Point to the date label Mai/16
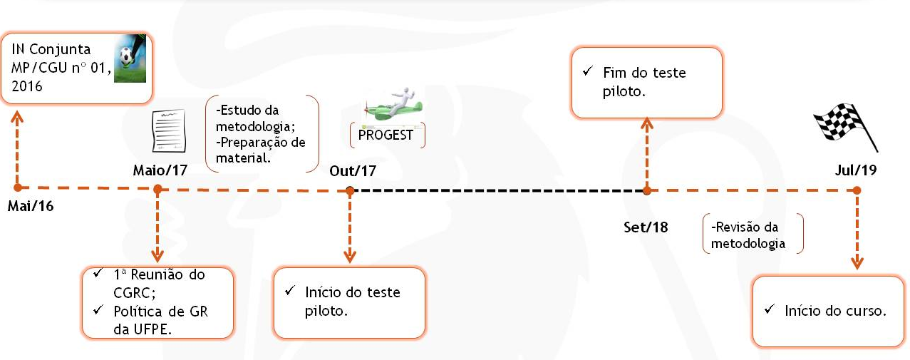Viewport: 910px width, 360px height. point(31,206)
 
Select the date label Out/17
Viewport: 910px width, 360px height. point(353,170)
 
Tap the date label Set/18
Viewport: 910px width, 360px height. point(646,227)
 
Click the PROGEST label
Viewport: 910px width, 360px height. point(386,135)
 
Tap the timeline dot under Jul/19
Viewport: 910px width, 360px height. point(857,190)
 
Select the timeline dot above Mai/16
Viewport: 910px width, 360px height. point(18,187)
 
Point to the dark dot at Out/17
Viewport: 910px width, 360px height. point(350,190)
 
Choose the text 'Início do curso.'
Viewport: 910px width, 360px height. point(834,311)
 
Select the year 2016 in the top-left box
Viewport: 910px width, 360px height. point(26,86)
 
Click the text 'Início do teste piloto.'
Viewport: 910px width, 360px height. point(352,302)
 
